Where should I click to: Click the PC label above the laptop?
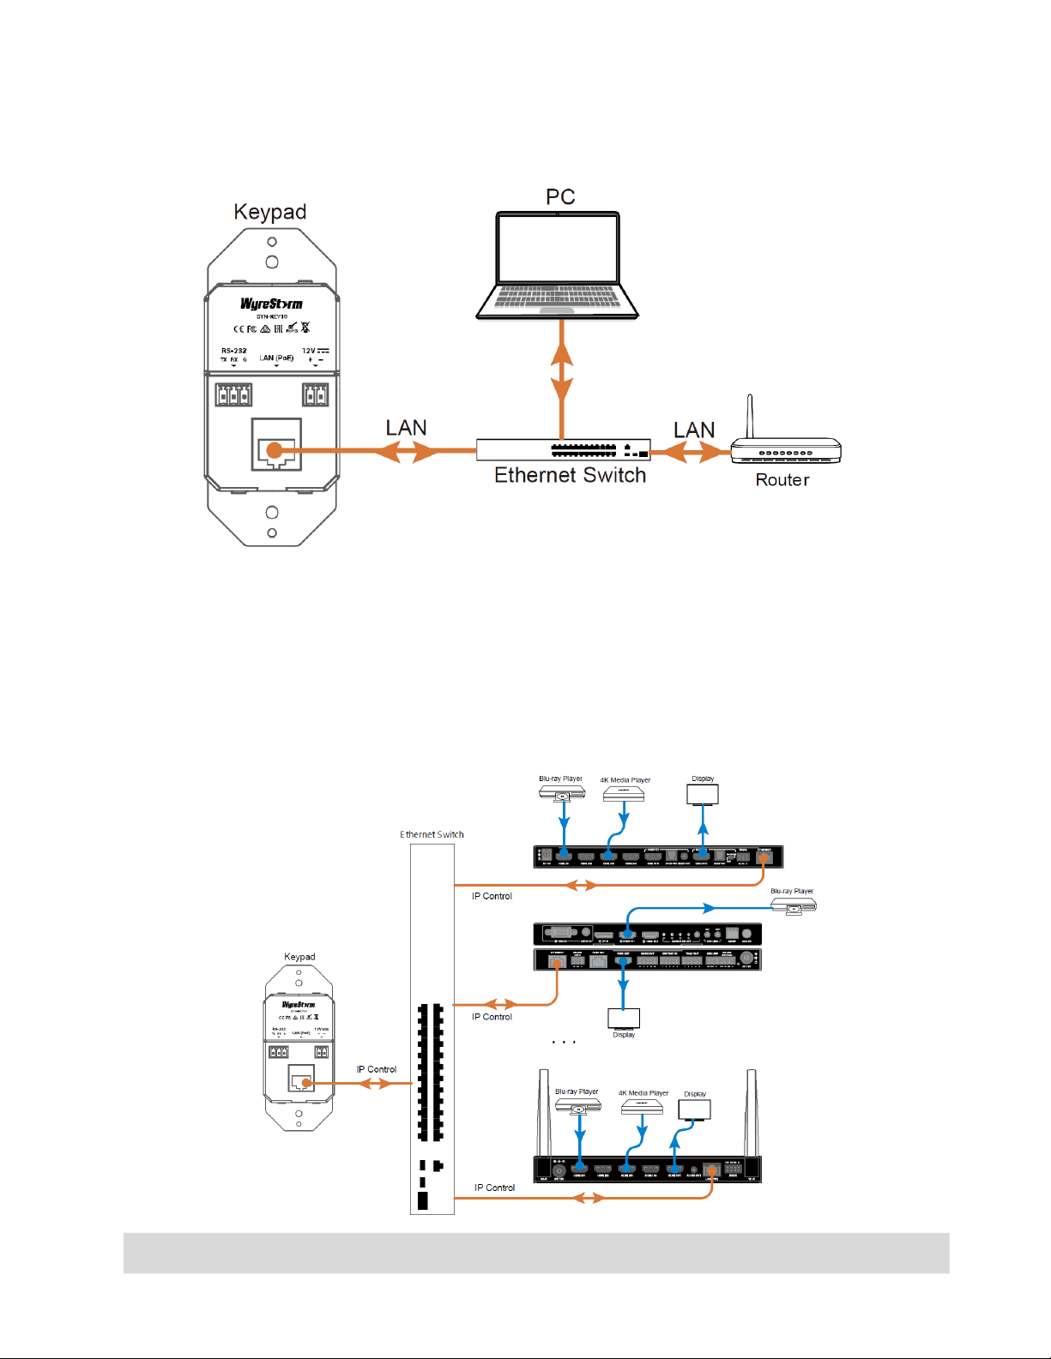(x=560, y=197)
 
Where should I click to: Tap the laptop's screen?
(x=558, y=248)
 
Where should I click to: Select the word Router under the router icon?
(x=782, y=480)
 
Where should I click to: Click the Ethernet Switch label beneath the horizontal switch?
(x=570, y=476)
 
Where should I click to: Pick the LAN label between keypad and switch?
(x=406, y=428)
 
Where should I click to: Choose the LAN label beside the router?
(x=694, y=430)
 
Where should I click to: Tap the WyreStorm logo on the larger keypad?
(x=271, y=304)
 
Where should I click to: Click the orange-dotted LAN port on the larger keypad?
(x=275, y=450)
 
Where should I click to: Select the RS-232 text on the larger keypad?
(x=233, y=351)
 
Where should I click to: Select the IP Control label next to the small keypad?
(x=377, y=1069)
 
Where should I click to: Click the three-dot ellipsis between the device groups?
(x=564, y=1043)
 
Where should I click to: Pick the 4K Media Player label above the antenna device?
(x=643, y=1093)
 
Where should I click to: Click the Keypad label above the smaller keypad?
(x=299, y=957)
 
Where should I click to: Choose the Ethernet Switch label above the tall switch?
(x=432, y=834)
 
